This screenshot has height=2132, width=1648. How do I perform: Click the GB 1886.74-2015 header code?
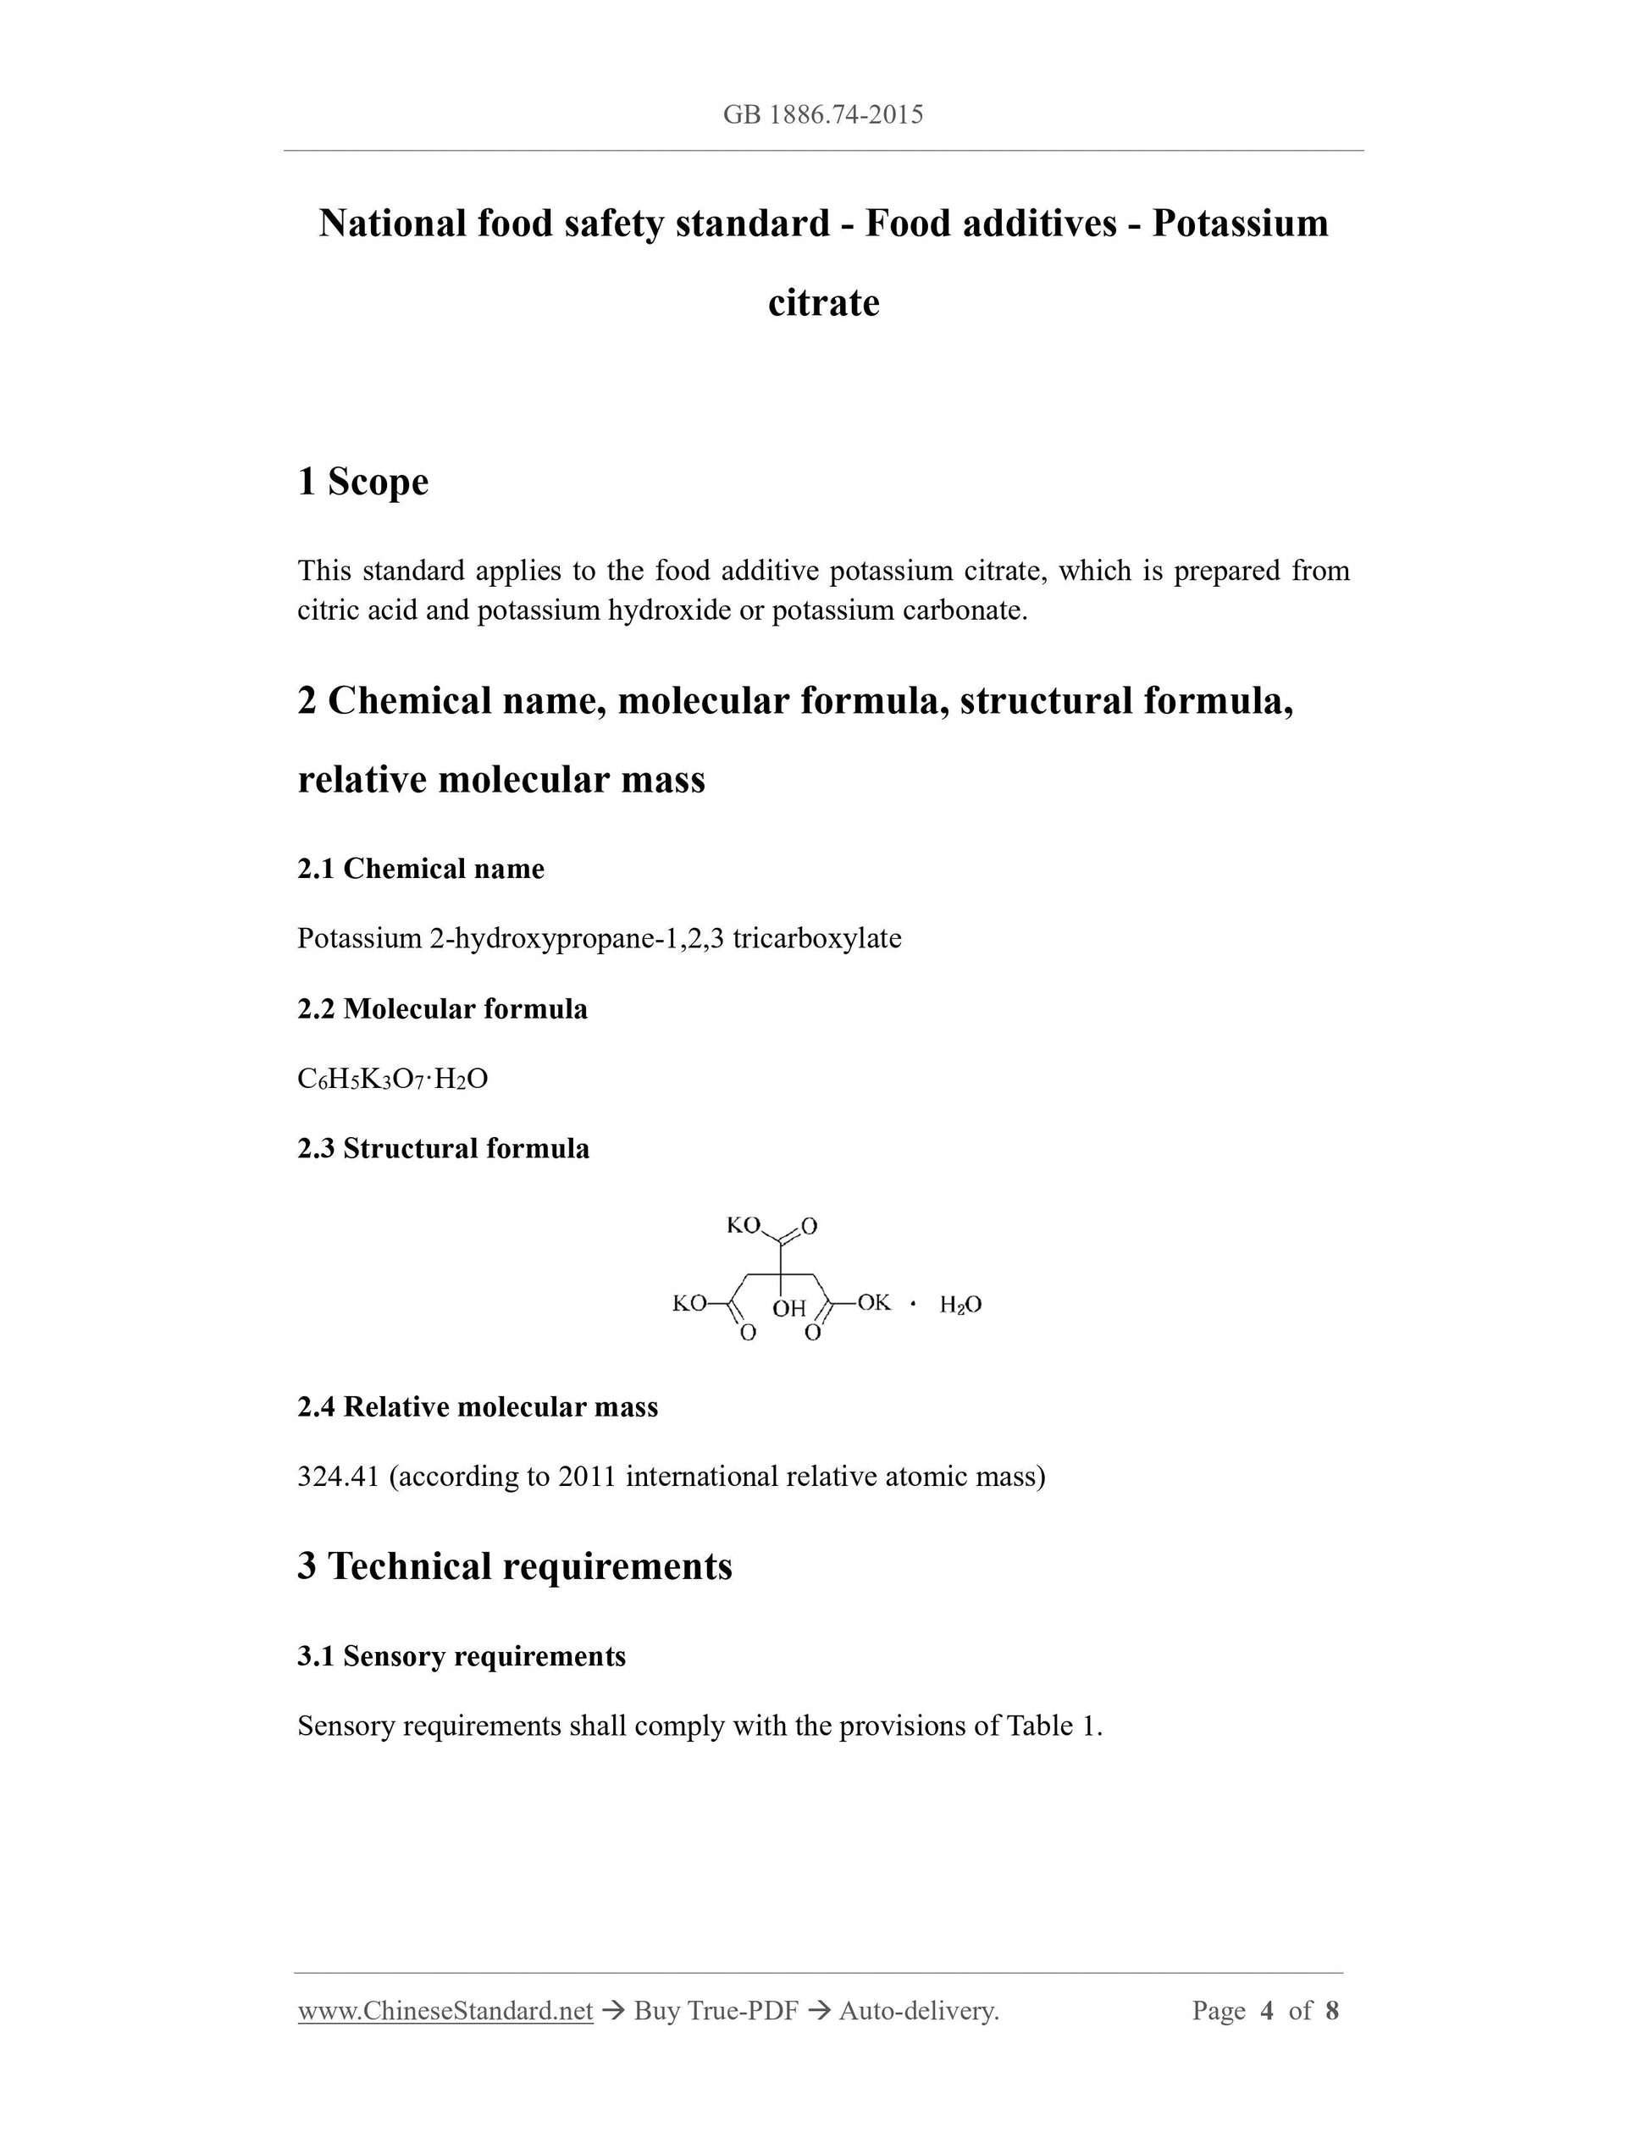pos(823,115)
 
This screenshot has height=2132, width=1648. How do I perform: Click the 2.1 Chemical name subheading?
pos(421,869)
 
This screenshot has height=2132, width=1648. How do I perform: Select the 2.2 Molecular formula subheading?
pos(442,1009)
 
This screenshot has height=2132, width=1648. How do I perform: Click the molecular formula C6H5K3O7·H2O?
pos(392,1080)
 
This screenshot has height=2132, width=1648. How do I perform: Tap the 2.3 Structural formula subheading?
pos(443,1149)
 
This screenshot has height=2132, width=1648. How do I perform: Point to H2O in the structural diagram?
pos(960,1305)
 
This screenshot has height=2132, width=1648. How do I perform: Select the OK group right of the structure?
pos(874,1303)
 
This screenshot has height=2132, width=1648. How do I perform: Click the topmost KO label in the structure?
pos(743,1225)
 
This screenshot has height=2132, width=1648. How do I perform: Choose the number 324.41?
pos(338,1477)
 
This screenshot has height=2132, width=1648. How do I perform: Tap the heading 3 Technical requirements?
pos(515,1566)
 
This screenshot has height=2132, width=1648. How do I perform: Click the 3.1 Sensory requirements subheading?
pos(462,1657)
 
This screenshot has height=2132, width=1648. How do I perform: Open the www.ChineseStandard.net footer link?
pos(445,2011)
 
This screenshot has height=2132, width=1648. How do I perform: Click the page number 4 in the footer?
pos(1267,2011)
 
